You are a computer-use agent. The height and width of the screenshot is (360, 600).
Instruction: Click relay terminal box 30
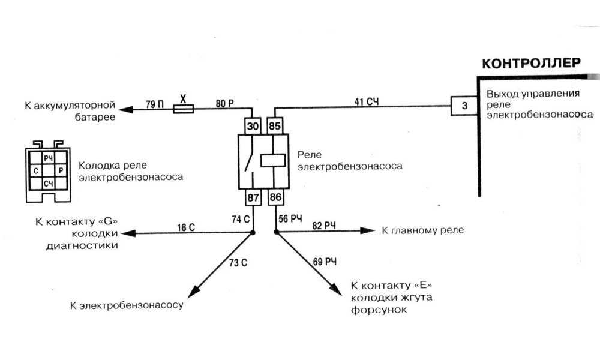point(252,127)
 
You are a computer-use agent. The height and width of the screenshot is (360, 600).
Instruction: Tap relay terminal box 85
point(275,127)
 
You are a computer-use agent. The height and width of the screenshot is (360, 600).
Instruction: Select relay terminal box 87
point(252,197)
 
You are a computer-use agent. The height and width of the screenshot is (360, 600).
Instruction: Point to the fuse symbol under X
point(184,109)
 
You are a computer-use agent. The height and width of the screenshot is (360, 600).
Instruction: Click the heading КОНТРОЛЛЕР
point(532,63)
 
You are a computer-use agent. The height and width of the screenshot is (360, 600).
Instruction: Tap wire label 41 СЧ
point(367,101)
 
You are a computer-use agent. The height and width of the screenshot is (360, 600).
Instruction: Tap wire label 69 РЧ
point(325,262)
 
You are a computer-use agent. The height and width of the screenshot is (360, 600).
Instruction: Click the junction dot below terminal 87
point(252,232)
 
